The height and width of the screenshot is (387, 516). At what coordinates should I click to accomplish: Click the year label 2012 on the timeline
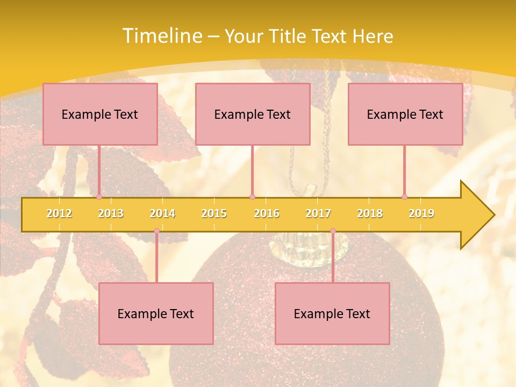pos(59,213)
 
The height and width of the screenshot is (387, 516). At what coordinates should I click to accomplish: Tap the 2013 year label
pos(111,213)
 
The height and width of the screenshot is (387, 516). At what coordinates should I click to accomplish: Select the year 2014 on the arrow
pos(162,213)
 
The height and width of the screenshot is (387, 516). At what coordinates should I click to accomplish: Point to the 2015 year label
pos(214,213)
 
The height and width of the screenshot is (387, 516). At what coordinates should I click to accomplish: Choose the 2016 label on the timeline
pos(267,213)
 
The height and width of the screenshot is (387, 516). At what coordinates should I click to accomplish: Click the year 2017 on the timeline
pos(318,213)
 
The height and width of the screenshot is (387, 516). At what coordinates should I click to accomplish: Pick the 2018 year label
pos(370,213)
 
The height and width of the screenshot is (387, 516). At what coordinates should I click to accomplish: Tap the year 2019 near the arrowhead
pos(421,213)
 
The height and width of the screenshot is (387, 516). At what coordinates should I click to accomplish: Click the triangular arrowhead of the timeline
pos(476,215)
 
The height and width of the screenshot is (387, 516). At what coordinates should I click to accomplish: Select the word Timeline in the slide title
pos(162,36)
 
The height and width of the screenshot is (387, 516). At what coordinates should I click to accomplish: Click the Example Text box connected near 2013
pos(100,114)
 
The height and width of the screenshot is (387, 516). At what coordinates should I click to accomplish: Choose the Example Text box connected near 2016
pos(253,114)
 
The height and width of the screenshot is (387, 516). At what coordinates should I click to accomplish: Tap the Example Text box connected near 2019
pos(405,114)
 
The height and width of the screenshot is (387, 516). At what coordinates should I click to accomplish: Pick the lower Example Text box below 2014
pos(156,313)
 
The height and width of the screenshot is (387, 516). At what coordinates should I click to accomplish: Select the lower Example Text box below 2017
pos(332,313)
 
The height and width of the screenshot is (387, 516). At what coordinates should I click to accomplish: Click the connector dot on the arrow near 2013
pos(99,197)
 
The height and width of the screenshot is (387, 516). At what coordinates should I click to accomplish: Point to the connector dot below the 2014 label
pos(156,231)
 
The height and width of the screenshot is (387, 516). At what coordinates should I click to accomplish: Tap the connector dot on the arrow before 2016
pos(252,197)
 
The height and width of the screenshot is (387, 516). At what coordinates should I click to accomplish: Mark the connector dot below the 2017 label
pos(333,231)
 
